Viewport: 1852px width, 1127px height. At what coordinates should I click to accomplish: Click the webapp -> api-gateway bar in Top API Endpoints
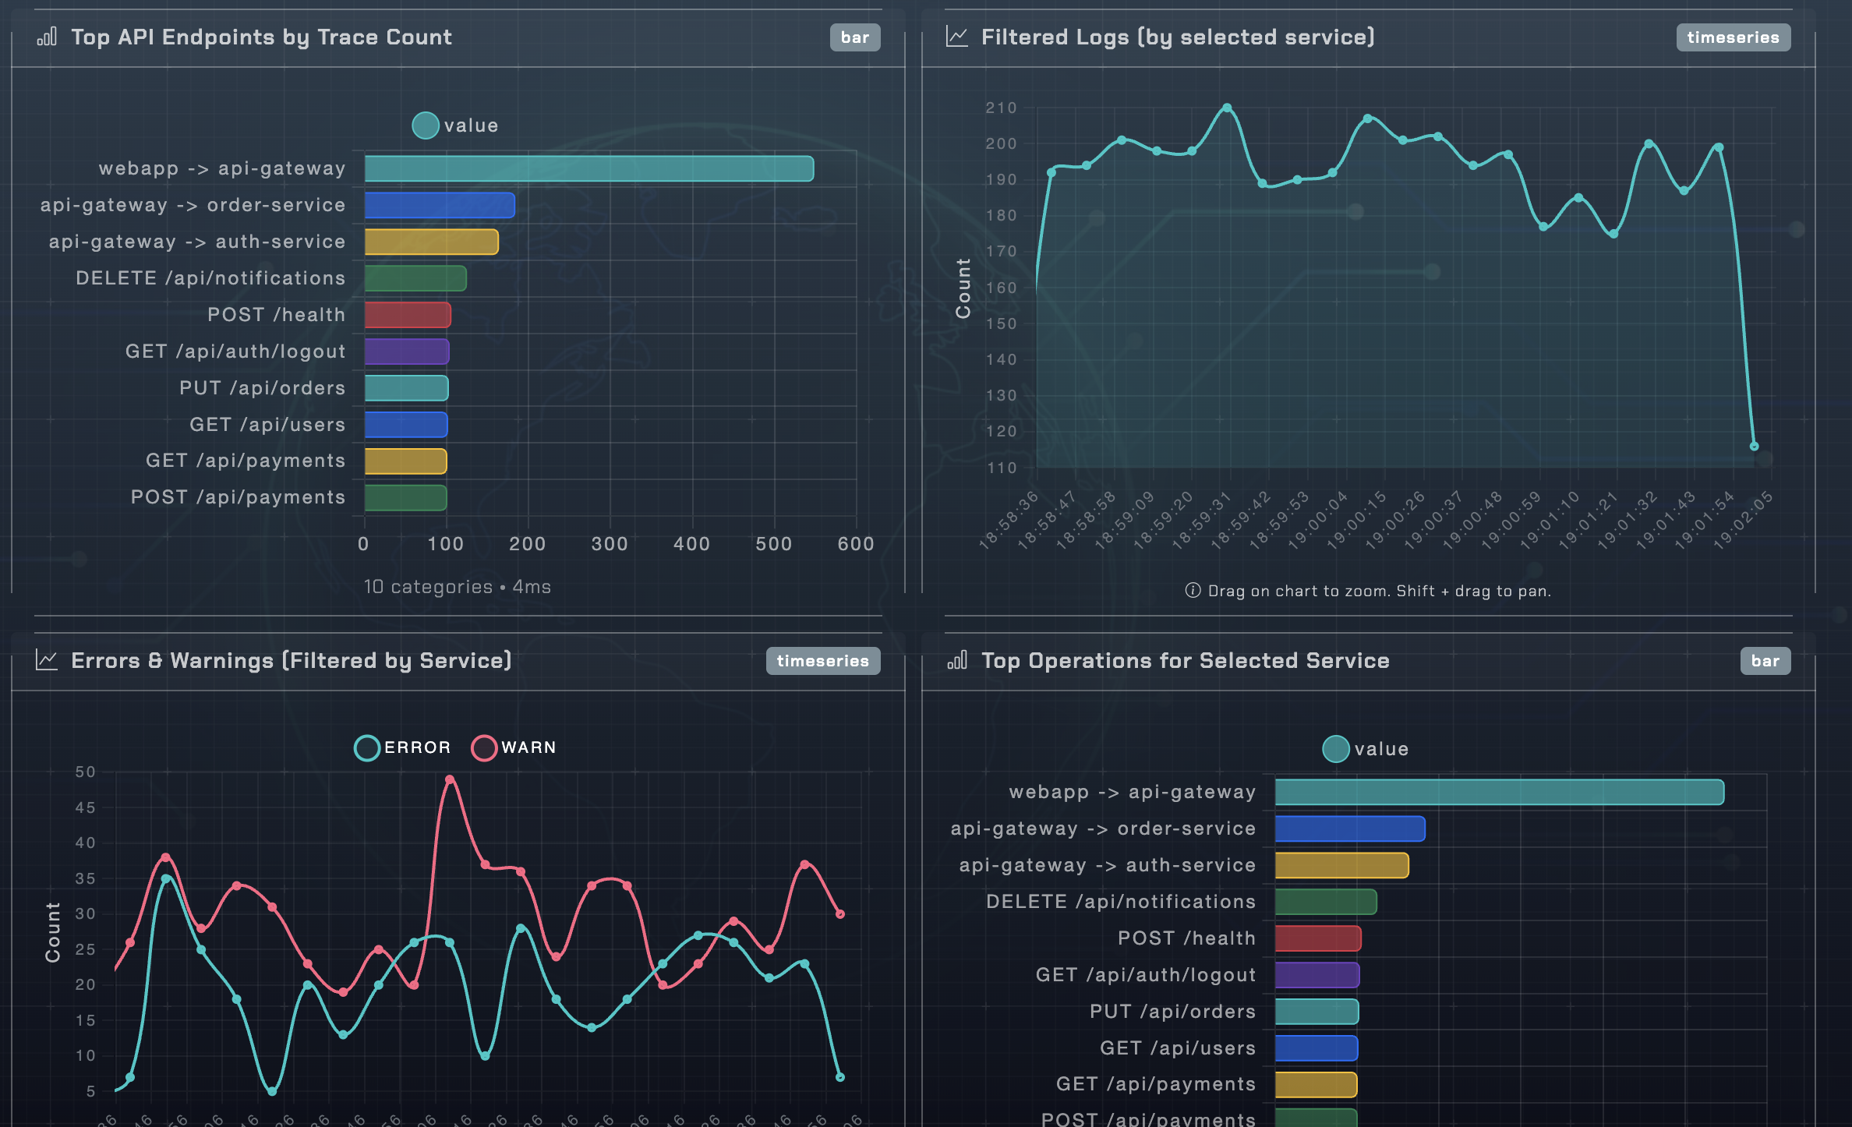[x=588, y=168]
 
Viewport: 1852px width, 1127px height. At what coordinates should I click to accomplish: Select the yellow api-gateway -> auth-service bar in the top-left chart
[x=431, y=242]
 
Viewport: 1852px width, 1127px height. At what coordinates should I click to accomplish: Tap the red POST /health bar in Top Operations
[x=1318, y=938]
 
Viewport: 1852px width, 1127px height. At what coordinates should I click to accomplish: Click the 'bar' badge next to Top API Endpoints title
[x=854, y=37]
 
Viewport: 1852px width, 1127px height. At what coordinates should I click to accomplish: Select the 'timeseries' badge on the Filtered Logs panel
[x=1732, y=37]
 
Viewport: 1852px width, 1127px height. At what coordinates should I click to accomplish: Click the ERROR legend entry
[x=403, y=747]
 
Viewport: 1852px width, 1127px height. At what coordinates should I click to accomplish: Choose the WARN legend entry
[x=514, y=747]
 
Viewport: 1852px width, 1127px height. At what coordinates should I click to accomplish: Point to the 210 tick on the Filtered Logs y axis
[x=1001, y=108]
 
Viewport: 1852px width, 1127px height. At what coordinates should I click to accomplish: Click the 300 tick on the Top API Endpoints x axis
[x=610, y=544]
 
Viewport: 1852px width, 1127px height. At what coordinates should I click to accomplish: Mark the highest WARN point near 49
[x=450, y=779]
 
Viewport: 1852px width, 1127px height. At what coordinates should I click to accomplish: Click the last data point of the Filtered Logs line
[x=1754, y=447]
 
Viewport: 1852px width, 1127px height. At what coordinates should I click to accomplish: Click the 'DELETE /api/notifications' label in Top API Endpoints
[x=210, y=278]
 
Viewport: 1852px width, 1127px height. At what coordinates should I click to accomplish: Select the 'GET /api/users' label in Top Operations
[x=1177, y=1048]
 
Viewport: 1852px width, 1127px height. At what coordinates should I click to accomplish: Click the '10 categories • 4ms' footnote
[x=458, y=587]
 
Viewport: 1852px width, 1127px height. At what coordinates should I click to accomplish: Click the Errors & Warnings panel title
[x=291, y=661]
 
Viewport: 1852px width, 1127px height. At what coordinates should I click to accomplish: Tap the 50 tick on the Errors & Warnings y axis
[x=85, y=772]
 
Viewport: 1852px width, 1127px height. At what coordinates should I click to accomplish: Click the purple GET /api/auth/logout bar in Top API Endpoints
[x=407, y=352]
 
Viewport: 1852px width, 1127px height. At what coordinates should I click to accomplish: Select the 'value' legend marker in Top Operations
[x=1336, y=749]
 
